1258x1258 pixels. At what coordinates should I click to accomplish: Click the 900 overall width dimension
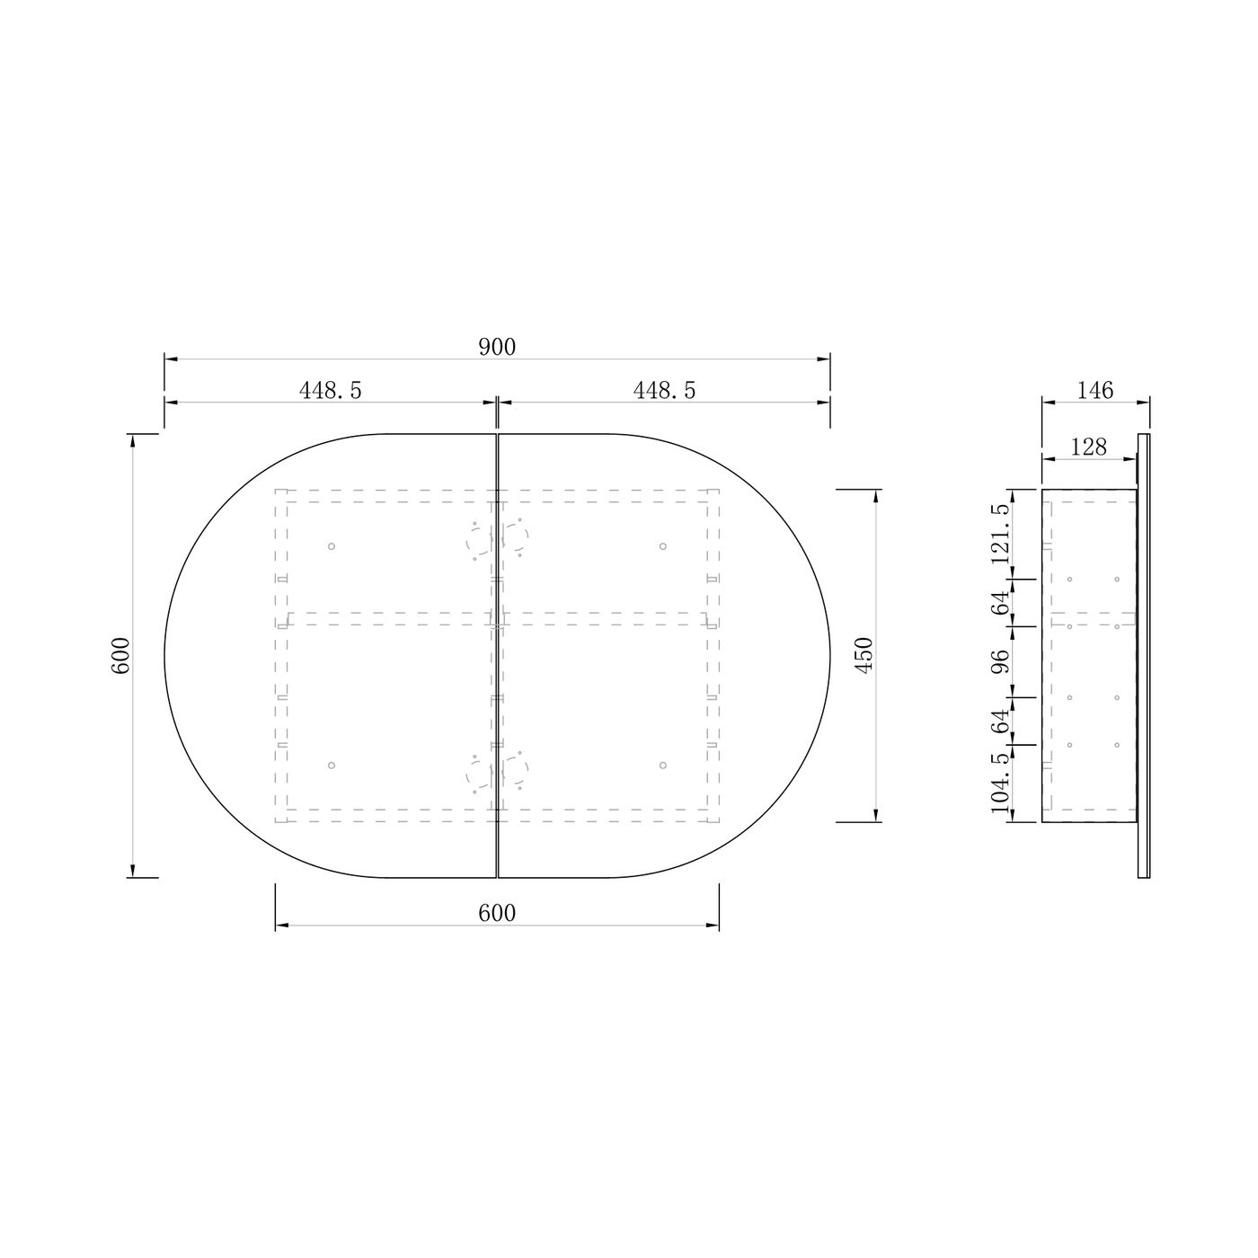pyautogui.click(x=497, y=348)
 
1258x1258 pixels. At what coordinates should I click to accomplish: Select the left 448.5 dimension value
pyautogui.click(x=330, y=390)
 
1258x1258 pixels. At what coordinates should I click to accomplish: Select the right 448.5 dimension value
pyautogui.click(x=664, y=390)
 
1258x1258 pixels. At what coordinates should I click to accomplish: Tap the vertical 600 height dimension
pyautogui.click(x=121, y=655)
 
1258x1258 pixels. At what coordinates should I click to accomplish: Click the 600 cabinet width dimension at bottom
pyautogui.click(x=497, y=913)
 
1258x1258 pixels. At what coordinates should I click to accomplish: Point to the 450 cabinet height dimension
pyautogui.click(x=863, y=655)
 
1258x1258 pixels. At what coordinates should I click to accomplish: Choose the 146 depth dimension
pyautogui.click(x=1094, y=390)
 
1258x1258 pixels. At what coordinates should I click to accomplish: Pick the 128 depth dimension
pyautogui.click(x=1089, y=447)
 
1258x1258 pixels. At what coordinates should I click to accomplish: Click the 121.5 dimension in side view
pyautogui.click(x=1000, y=534)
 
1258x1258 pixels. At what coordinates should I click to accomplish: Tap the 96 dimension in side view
pyautogui.click(x=1000, y=661)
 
